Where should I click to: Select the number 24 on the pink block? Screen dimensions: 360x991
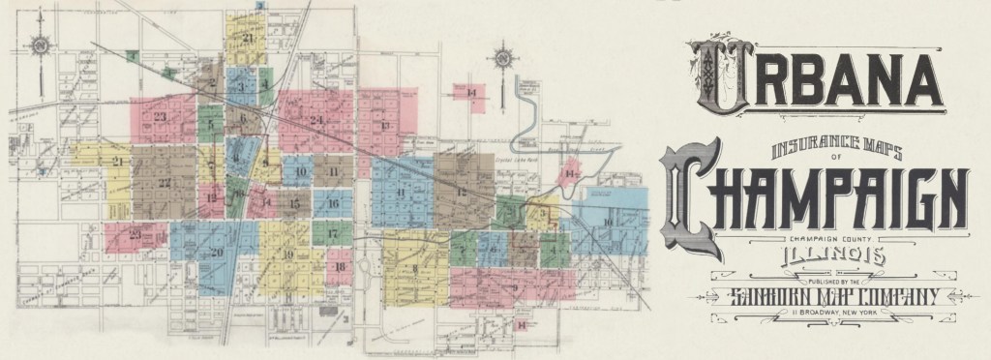click(x=316, y=120)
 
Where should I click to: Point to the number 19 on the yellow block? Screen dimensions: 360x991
click(x=287, y=254)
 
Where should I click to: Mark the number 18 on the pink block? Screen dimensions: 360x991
click(x=340, y=266)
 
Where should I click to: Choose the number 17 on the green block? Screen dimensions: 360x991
click(x=332, y=234)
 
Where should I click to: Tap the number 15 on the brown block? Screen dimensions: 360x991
click(x=294, y=203)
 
